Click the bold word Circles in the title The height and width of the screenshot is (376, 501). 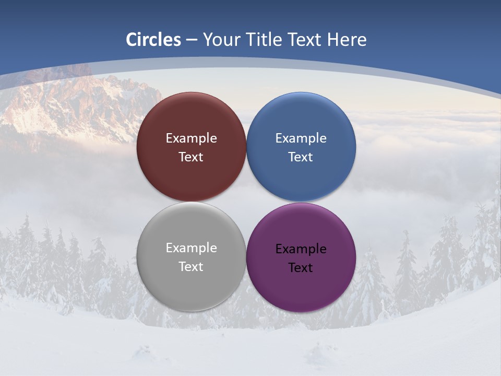(153, 40)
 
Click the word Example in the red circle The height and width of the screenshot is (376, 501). (191, 138)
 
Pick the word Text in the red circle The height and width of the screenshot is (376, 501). (191, 157)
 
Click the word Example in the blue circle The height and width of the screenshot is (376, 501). (301, 138)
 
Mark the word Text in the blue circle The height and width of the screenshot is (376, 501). (301, 157)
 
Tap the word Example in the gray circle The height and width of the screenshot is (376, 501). (191, 248)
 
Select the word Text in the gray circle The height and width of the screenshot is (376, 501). (191, 267)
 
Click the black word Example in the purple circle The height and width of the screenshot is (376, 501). (301, 249)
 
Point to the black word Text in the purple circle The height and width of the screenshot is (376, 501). (301, 268)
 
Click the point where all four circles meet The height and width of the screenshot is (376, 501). (246, 202)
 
